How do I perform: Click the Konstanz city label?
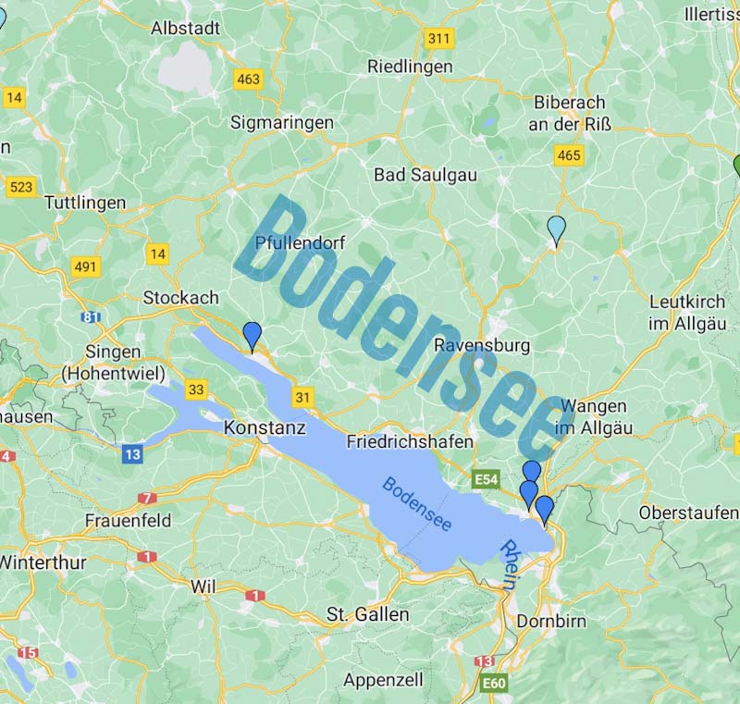[265, 428]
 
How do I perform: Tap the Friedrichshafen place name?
[410, 442]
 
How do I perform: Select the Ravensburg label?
[482, 346]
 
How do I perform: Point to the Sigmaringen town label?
[281, 122]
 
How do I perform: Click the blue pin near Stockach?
[252, 336]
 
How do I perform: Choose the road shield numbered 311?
[439, 39]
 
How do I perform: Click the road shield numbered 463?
[248, 80]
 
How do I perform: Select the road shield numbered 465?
[568, 155]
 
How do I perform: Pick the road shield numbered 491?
[85, 267]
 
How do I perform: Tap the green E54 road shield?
[487, 479]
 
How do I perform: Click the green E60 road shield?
[494, 684]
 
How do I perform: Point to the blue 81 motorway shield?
[91, 317]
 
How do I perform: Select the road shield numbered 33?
[195, 389]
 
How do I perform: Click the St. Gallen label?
[367, 614]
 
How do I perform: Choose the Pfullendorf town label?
[300, 243]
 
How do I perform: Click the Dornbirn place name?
[551, 621]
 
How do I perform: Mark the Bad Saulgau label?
[419, 175]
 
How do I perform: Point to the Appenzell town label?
[383, 680]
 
